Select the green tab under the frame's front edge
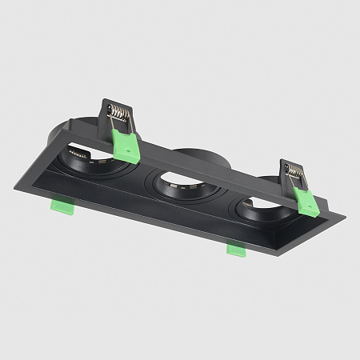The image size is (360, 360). [x=236, y=250]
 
